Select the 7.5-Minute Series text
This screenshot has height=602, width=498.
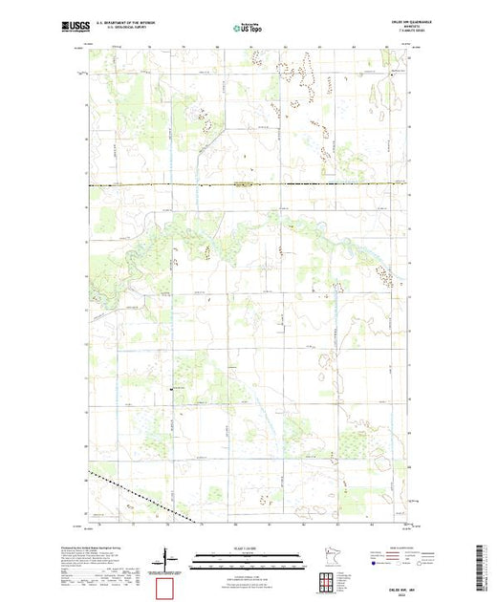coord(397,33)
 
